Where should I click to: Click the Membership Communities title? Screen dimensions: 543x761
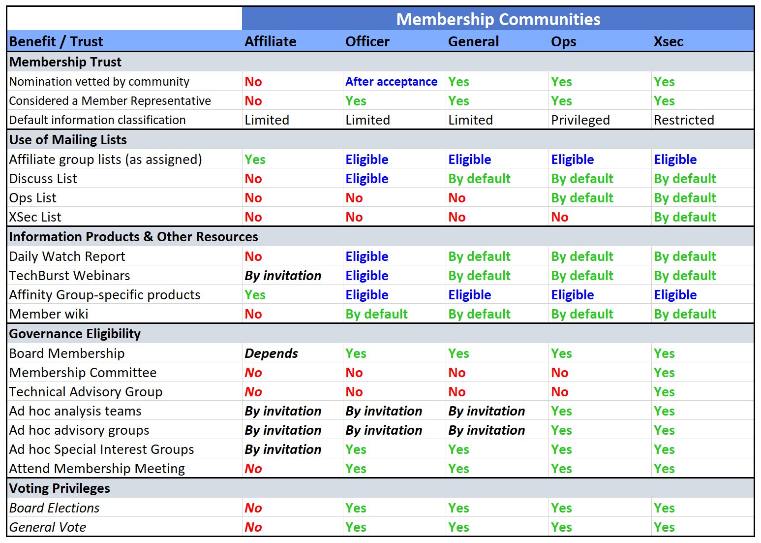[x=498, y=19]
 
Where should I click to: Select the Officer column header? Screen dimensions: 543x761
[x=367, y=41]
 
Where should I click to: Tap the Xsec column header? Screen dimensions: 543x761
[x=668, y=41]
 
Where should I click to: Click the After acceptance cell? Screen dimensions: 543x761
[x=391, y=82]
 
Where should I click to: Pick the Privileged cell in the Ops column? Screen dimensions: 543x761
[x=580, y=120]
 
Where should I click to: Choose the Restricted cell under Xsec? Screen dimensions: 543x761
[x=684, y=120]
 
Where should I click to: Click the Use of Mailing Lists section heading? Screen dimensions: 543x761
[x=68, y=140]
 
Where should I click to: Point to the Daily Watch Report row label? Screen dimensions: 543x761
[x=67, y=256]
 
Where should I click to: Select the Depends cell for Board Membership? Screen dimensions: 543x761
[x=271, y=353]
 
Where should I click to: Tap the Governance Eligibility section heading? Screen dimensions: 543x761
[x=75, y=334]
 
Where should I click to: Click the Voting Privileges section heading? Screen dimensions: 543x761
[x=60, y=488]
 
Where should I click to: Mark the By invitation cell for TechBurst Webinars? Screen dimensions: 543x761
[x=283, y=276]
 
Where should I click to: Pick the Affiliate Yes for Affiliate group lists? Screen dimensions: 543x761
[x=255, y=160]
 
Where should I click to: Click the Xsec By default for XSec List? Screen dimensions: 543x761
[x=685, y=217]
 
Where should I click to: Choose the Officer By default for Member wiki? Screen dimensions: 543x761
[x=376, y=314]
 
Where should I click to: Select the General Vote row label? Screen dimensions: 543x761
[x=48, y=527]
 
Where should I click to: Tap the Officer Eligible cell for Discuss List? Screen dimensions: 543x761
[x=366, y=179]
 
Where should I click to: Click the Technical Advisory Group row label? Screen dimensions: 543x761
[x=86, y=392]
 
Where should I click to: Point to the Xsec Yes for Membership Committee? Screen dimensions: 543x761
[x=664, y=373]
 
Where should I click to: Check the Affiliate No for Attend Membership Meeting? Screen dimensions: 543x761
[x=253, y=469]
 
